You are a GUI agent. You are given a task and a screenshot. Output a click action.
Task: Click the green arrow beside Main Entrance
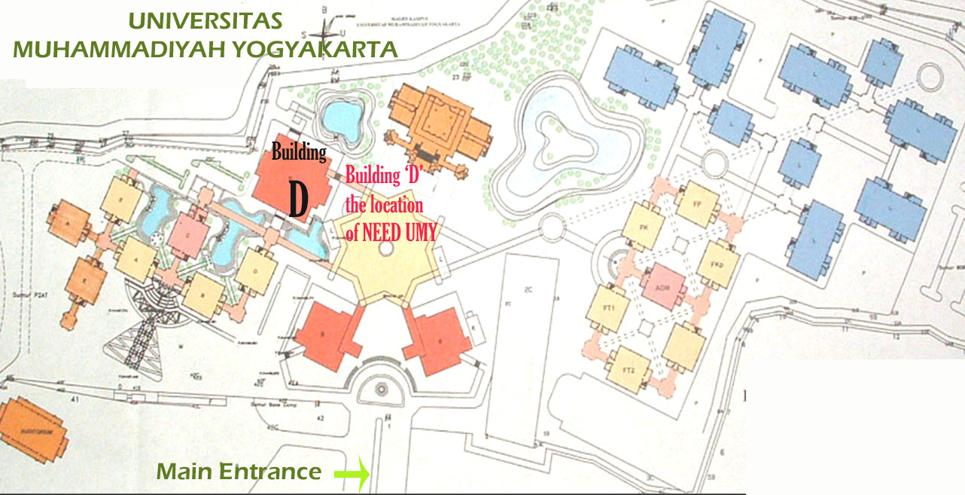tap(352, 474)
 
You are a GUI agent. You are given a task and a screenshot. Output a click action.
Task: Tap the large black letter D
tap(299, 199)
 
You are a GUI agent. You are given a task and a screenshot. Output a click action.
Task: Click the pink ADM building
tap(663, 286)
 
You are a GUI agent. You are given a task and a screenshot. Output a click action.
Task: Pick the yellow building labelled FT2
tap(629, 368)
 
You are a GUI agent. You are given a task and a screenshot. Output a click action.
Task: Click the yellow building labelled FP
tap(696, 203)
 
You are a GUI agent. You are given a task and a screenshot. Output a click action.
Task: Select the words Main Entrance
tap(239, 472)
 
